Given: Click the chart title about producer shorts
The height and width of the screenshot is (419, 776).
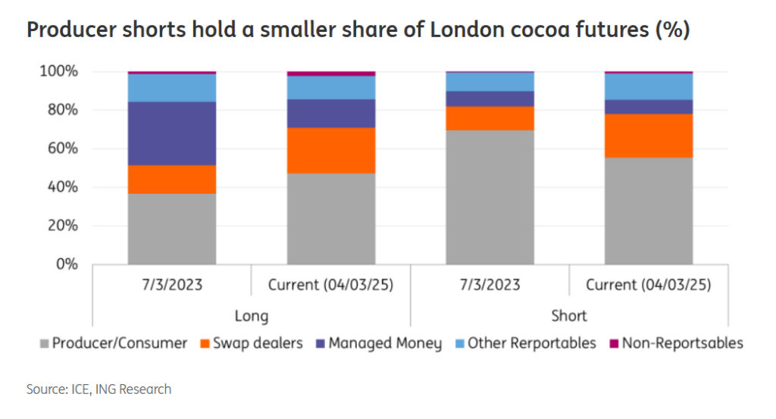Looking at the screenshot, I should tap(358, 31).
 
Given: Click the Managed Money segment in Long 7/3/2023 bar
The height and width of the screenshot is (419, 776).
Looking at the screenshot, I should tap(172, 133).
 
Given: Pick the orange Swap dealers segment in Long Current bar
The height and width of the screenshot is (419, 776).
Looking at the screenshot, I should tap(331, 150).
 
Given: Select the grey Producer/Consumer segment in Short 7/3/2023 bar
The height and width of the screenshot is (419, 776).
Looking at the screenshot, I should tap(490, 197).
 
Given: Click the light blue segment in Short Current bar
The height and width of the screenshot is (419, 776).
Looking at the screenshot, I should tap(649, 86).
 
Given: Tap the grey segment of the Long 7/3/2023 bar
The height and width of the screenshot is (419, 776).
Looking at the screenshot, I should tap(172, 229).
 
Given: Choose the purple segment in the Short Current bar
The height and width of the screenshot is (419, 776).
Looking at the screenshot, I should tap(649, 107).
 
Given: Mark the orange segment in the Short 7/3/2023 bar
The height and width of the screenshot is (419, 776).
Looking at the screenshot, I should tap(490, 118).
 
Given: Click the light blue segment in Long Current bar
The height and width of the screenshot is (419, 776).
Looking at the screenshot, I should tap(331, 88).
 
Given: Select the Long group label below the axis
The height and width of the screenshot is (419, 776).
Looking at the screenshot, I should tap(252, 315).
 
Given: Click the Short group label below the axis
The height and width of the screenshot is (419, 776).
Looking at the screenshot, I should tap(569, 315).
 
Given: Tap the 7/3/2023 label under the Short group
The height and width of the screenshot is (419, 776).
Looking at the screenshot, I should tap(490, 285).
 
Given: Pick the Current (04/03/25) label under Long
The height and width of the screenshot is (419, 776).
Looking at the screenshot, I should tap(331, 285).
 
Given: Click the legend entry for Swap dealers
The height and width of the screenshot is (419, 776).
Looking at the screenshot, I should tap(250, 343).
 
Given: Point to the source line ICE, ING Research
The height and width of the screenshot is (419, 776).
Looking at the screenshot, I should tap(99, 389).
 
